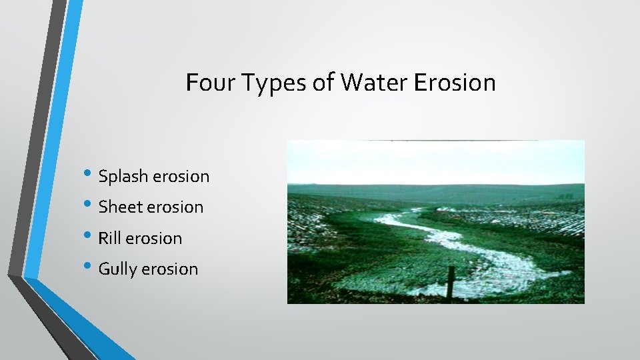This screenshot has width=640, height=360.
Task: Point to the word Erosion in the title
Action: pos(455,83)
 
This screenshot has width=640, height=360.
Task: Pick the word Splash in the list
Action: pos(124,177)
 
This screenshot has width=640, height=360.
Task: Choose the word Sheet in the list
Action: pos(121,207)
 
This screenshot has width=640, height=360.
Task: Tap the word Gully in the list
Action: pos(118,270)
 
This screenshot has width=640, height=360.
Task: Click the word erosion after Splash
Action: pos(181,177)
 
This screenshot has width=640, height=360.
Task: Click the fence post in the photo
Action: pos(451,283)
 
